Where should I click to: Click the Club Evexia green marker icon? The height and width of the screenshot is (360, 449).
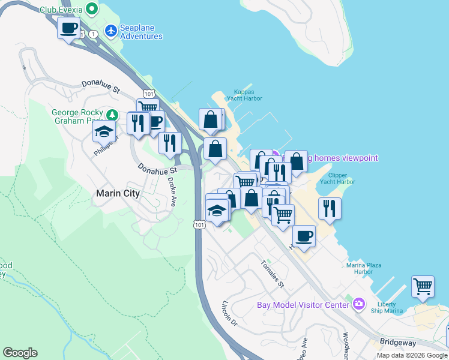(91, 9)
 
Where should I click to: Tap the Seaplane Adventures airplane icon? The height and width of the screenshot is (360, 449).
(111, 30)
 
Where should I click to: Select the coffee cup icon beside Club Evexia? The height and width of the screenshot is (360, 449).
(68, 27)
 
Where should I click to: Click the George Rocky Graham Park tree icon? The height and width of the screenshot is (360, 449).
(111, 115)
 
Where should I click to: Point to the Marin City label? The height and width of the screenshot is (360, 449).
(118, 193)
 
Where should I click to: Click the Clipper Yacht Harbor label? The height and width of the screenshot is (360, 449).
(342, 179)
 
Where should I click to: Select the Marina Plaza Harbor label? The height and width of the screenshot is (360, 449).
(368, 268)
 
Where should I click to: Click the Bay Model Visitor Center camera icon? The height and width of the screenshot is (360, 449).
(359, 304)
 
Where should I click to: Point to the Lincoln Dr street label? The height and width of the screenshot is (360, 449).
(230, 313)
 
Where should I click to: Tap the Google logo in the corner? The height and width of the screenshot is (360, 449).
(20, 353)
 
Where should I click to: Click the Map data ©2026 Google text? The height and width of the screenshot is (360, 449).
(412, 355)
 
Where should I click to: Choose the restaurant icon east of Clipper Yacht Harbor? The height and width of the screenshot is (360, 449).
(330, 208)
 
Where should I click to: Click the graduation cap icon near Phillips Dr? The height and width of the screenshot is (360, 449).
(104, 131)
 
